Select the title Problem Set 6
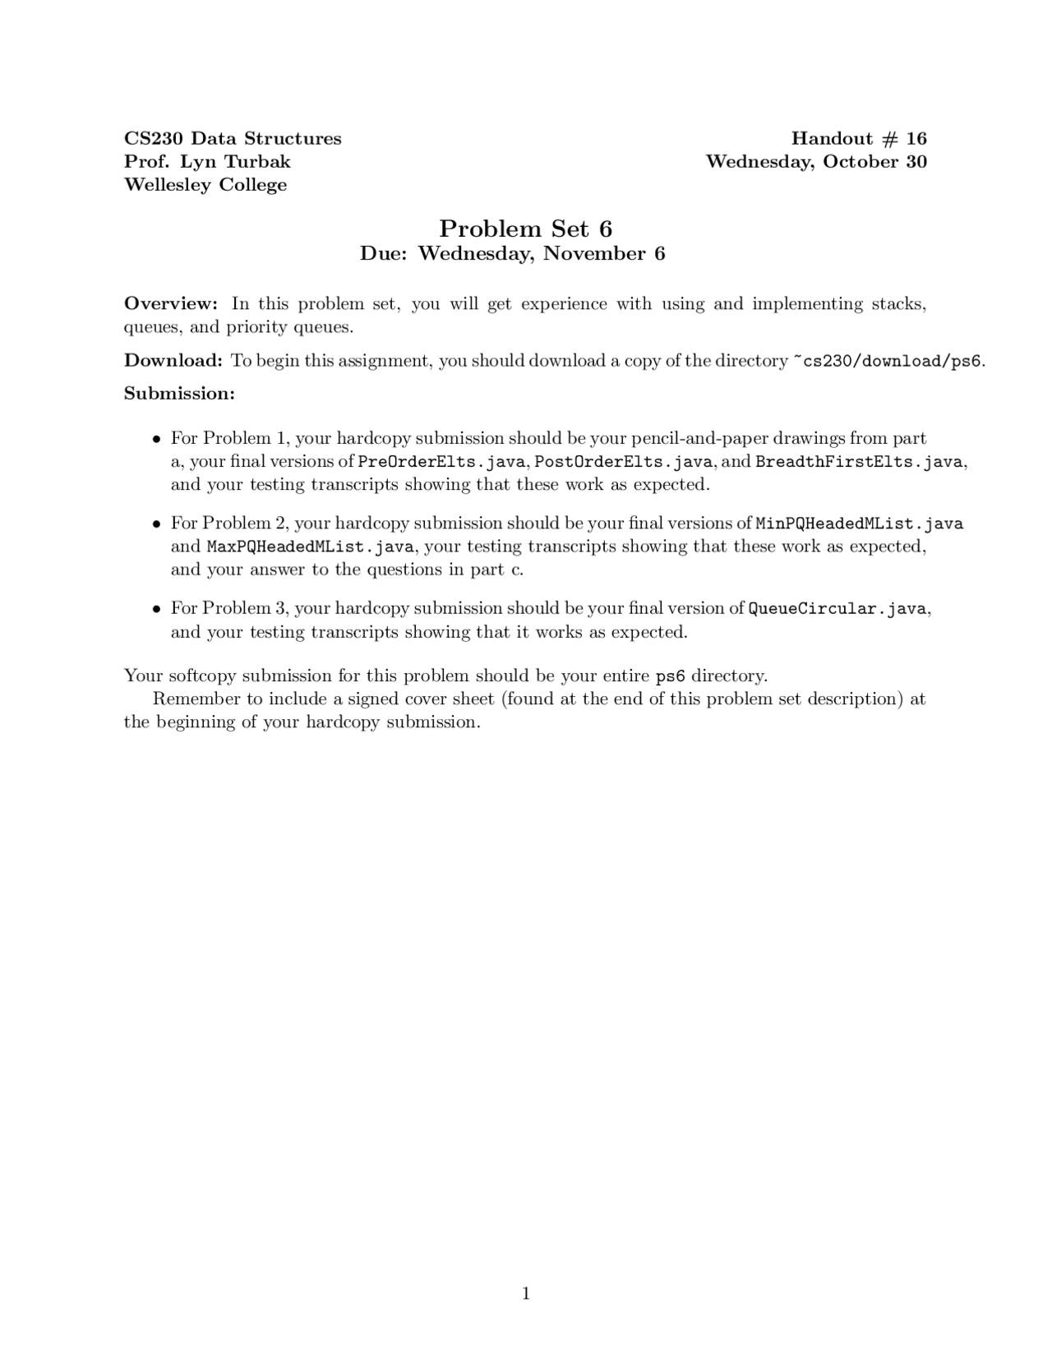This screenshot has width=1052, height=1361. tap(525, 228)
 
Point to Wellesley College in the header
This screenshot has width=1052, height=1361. tap(205, 184)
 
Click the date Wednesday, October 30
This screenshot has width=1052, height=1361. tap(816, 161)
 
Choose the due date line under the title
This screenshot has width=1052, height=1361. tap(512, 253)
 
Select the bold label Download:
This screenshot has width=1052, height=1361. tap(173, 360)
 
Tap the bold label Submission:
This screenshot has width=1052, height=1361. tap(179, 393)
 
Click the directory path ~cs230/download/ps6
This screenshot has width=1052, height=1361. tap(887, 361)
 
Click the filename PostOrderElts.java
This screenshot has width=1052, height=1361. tap(623, 462)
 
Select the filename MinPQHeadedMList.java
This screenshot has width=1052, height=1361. tap(859, 524)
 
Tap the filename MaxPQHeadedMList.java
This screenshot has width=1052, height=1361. tap(311, 547)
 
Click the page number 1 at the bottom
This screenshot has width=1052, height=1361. tap(526, 1294)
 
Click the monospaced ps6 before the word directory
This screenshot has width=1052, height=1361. tap(670, 676)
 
